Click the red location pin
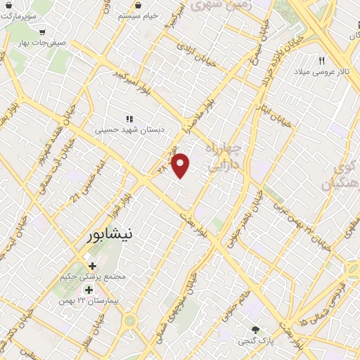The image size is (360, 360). click(181, 165)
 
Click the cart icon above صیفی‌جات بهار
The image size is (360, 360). click(43, 31)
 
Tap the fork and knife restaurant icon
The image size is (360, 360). click(322, 60)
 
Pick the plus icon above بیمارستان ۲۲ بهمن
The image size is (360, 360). click(89, 289)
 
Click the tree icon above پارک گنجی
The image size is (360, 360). click(256, 330)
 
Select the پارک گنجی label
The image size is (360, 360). click(255, 341)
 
